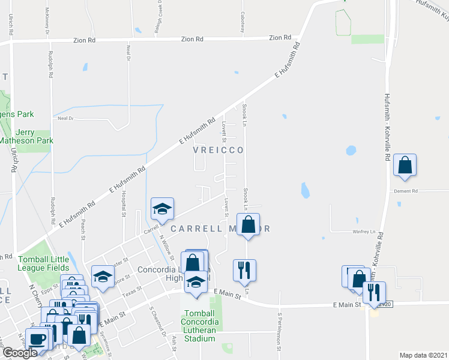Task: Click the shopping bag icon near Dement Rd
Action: click(405, 166)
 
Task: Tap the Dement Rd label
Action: click(405, 191)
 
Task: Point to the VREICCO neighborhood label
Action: click(218, 149)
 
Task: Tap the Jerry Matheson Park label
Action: click(26, 136)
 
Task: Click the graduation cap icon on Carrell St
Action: click(162, 208)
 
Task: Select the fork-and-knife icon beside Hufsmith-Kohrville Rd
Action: click(374, 292)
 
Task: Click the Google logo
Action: click(20, 353)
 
